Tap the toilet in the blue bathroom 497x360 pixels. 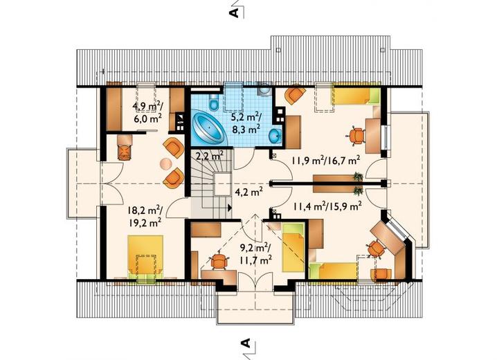pyautogui.click(x=213, y=101)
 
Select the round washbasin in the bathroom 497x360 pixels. pyautogui.click(x=275, y=136)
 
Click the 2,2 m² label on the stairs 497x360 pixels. pyautogui.click(x=210, y=155)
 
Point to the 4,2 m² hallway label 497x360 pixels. pyautogui.click(x=248, y=191)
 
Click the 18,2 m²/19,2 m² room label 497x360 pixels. pyautogui.click(x=145, y=216)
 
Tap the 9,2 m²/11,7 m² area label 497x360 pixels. pyautogui.click(x=256, y=253)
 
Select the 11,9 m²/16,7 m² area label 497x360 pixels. pyautogui.click(x=325, y=161)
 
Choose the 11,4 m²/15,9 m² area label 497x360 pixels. pyautogui.click(x=327, y=207)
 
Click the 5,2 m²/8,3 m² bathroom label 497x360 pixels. pyautogui.click(x=246, y=123)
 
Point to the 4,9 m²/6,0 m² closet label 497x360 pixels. pyautogui.click(x=148, y=112)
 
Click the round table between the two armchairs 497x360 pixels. pyautogui.click(x=165, y=163)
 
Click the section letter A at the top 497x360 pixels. pyautogui.click(x=233, y=12)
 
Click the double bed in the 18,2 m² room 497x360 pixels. pyautogui.click(x=145, y=257)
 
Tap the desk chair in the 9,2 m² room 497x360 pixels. pyautogui.click(x=219, y=261)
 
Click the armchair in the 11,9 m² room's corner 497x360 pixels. pyautogui.click(x=294, y=94)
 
